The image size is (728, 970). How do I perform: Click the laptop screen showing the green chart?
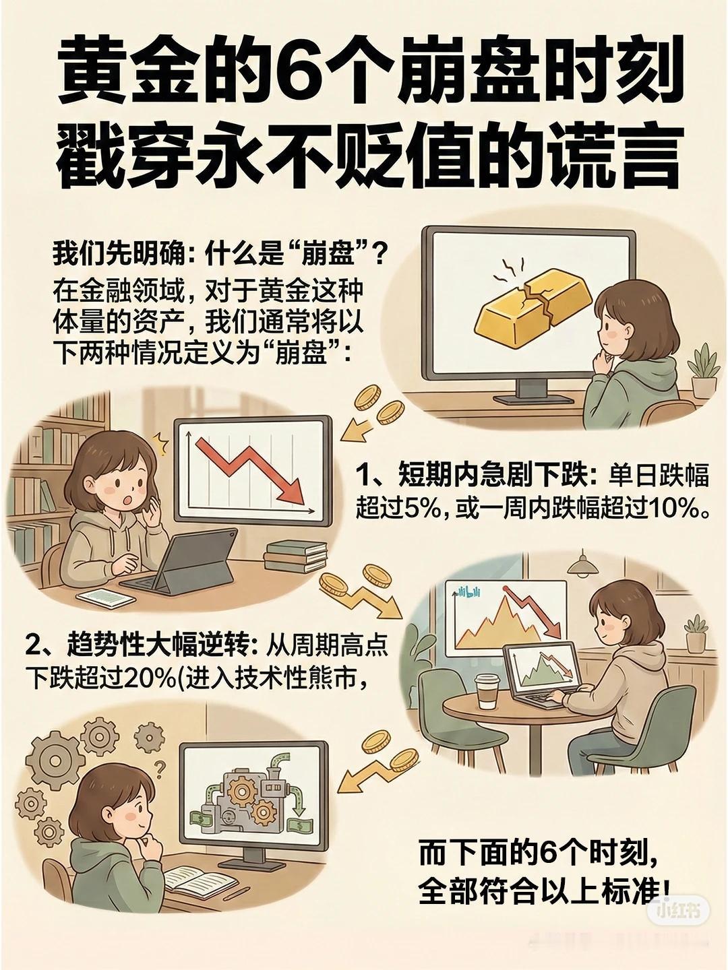tap(543, 669)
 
